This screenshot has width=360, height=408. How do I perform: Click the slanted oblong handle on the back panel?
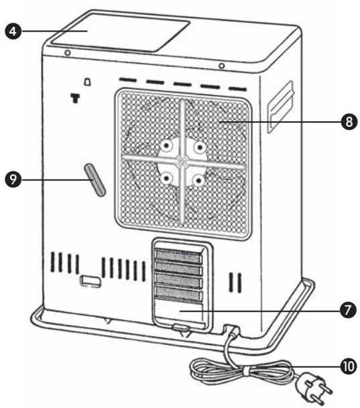click(x=97, y=180)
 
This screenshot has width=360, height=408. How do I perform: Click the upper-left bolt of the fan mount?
click(x=163, y=145)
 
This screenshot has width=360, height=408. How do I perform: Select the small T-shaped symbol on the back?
click(x=74, y=98)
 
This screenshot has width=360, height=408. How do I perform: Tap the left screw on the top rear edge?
click(x=67, y=53)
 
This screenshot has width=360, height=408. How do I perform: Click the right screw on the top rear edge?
click(x=221, y=66)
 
